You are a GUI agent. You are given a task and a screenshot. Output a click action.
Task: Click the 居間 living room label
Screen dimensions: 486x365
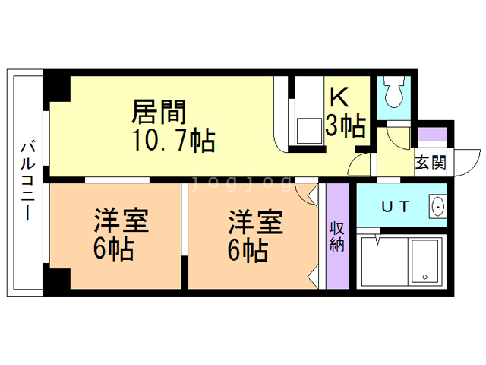point(159,112)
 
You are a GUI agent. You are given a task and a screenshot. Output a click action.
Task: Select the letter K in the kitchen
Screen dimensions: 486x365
point(339,97)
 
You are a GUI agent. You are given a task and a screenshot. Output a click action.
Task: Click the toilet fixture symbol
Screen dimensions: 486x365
point(394,91)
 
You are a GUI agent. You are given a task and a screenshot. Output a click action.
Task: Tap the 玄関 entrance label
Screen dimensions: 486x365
point(431,162)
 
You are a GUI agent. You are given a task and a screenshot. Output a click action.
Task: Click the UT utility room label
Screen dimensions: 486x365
point(396,206)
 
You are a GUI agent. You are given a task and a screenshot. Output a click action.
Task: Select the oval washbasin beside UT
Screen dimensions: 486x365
point(438,206)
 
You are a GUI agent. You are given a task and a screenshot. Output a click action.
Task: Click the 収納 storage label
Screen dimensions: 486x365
point(337,236)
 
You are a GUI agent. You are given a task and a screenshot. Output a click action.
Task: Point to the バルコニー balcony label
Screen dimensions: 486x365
point(28,181)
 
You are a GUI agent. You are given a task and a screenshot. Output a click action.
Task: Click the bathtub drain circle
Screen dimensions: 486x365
point(424,277)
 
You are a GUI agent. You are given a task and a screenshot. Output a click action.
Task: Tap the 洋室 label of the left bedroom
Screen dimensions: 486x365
point(121,221)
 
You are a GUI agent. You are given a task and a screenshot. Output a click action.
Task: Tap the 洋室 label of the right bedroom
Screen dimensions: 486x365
point(256,222)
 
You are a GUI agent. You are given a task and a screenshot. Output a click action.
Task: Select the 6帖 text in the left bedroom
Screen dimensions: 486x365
point(113,249)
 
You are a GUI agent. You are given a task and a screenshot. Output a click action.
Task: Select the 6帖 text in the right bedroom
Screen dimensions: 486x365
point(248,250)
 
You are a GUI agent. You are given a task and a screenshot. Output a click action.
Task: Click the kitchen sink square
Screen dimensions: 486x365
point(309,131)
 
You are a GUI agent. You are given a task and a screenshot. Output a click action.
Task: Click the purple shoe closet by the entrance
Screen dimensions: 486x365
point(432,134)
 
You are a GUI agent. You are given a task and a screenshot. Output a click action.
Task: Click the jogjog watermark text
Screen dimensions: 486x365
point(242,183)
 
